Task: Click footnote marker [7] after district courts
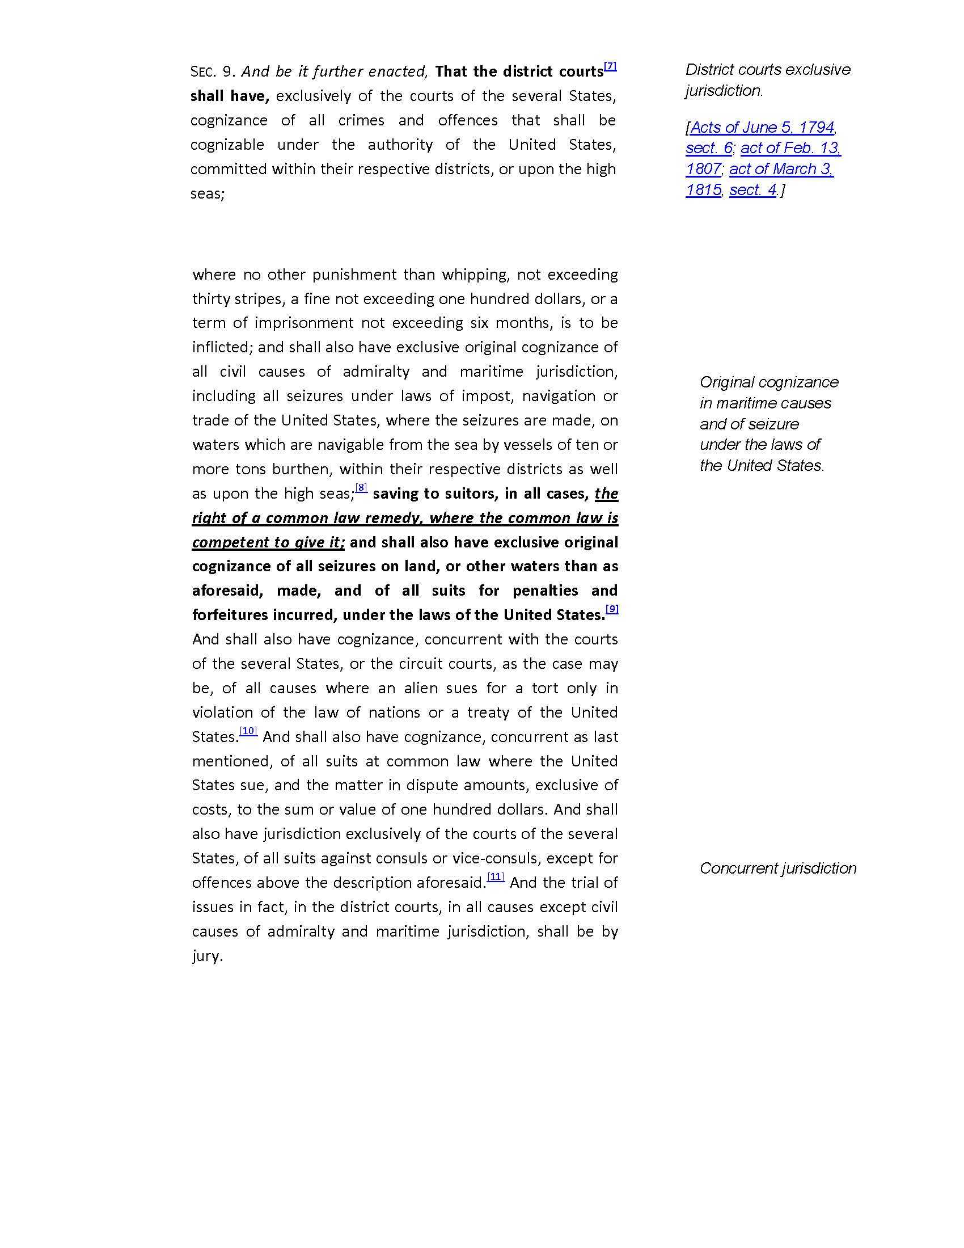click(x=610, y=66)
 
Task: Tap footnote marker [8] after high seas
click(x=362, y=488)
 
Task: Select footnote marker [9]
click(x=612, y=609)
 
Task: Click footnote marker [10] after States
click(x=248, y=731)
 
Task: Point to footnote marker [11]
click(x=496, y=877)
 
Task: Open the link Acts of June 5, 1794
click(x=762, y=127)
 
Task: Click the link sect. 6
click(x=709, y=148)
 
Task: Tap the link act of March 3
click(x=781, y=169)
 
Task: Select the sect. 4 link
click(x=752, y=190)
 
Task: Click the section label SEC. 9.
click(x=213, y=72)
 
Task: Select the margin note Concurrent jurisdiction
click(x=778, y=868)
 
